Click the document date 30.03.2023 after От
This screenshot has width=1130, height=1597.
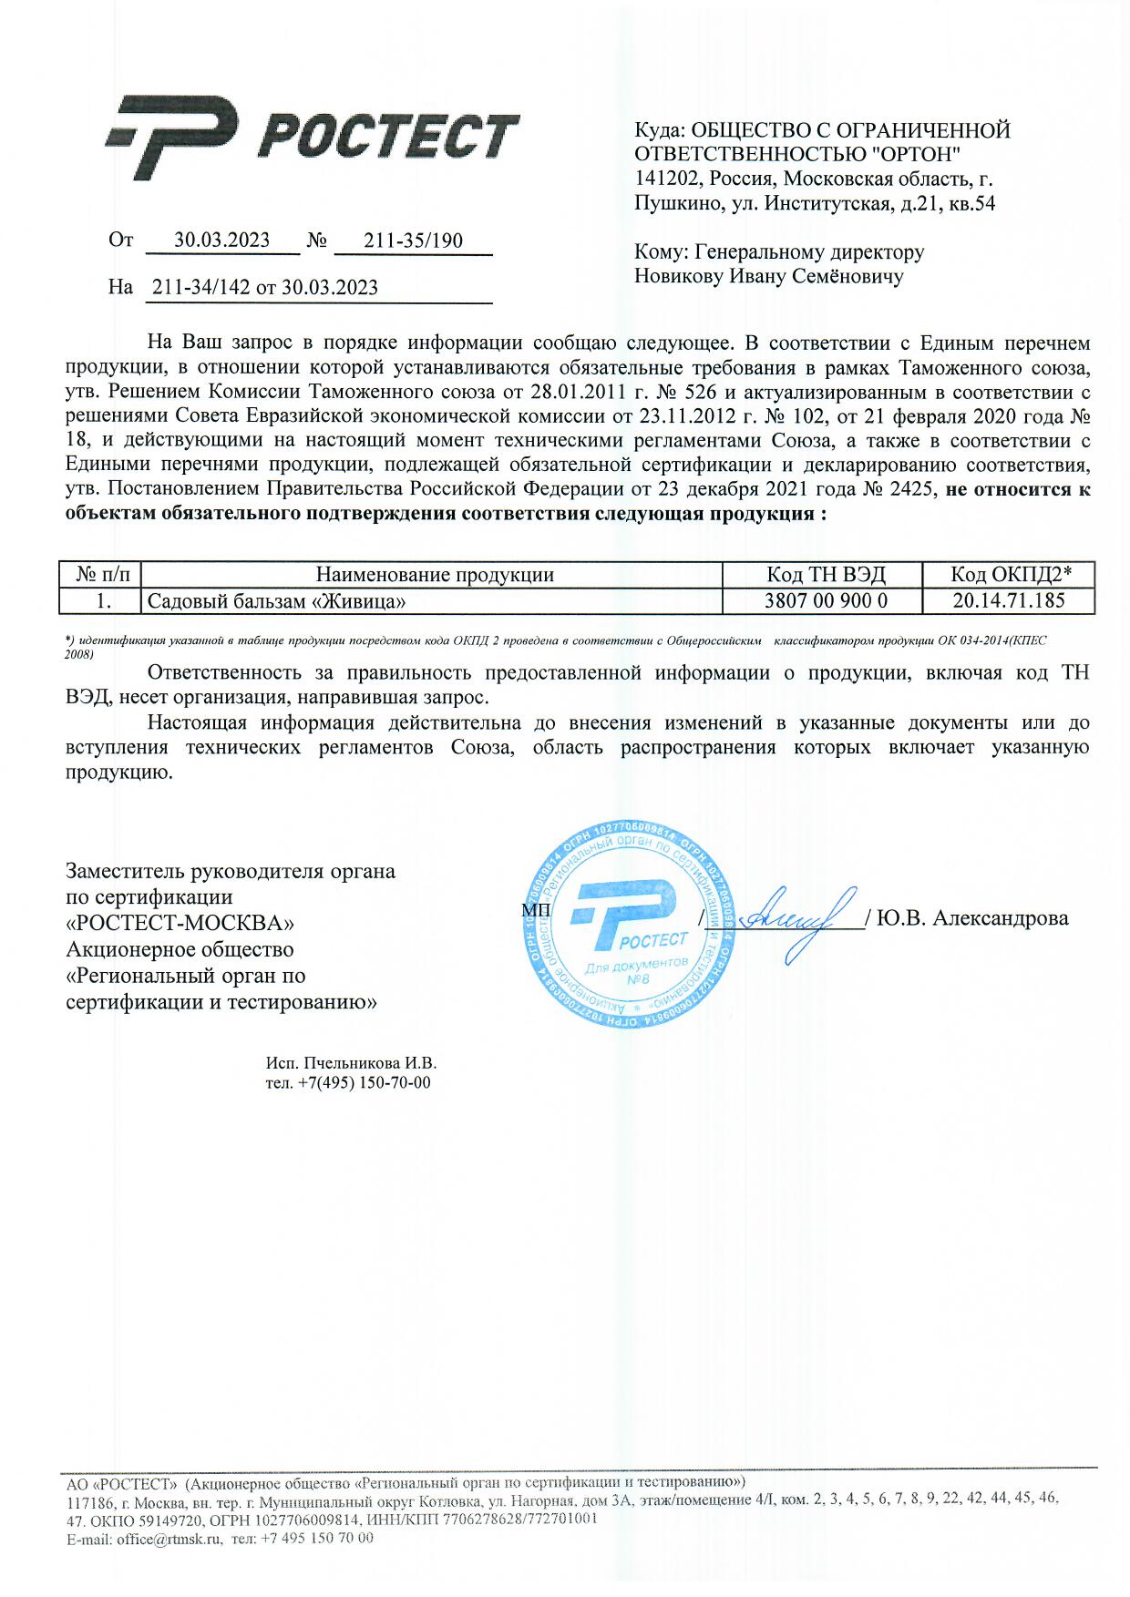click(222, 241)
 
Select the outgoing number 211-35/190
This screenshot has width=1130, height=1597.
click(413, 241)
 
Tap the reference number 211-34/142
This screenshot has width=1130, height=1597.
click(200, 288)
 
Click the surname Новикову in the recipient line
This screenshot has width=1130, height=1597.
click(678, 276)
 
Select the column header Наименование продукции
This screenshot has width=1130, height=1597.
click(435, 575)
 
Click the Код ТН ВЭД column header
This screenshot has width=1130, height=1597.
click(826, 575)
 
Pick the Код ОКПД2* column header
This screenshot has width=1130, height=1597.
click(1010, 575)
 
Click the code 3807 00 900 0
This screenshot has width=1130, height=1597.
click(826, 601)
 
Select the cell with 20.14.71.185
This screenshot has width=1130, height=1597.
click(1009, 601)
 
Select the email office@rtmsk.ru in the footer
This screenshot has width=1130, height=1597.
click(169, 1539)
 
